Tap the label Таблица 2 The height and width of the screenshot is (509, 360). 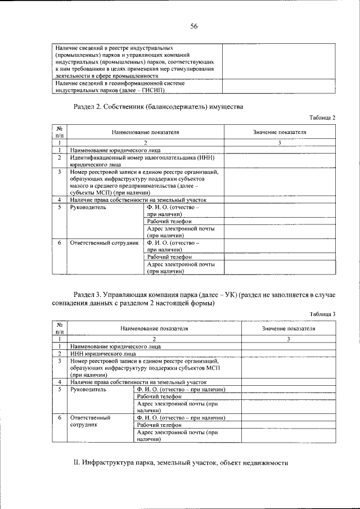322,118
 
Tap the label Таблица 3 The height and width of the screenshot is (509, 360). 322,314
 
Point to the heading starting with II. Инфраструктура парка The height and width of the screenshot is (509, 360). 181,463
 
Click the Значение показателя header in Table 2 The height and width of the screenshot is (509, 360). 280,132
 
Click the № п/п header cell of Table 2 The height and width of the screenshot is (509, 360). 59,132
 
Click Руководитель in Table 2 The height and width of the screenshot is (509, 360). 87,208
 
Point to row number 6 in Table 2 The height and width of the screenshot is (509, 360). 59,243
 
